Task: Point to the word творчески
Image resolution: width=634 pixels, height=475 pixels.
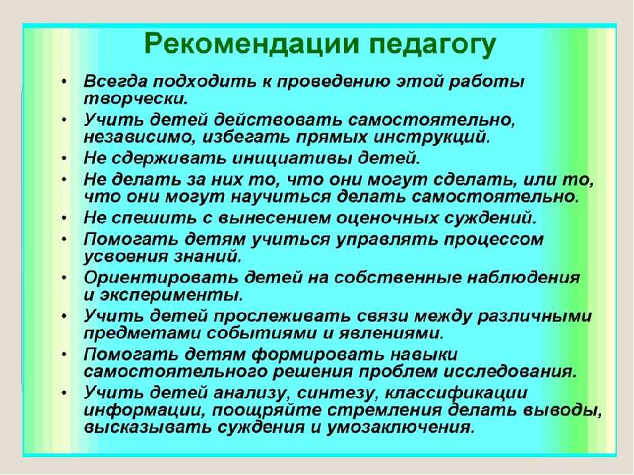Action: [x=136, y=98]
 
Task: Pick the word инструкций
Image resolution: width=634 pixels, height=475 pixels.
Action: [x=432, y=138]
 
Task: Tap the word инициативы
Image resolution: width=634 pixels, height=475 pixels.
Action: [x=293, y=158]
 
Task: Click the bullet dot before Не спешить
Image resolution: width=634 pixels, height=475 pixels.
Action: [x=64, y=218]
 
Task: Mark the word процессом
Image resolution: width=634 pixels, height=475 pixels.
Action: [x=493, y=240]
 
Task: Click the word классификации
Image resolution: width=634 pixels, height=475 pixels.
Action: [x=456, y=393]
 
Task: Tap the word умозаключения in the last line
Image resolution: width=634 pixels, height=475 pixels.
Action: [x=400, y=427]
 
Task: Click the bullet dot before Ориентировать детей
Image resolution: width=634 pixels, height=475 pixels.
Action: [x=64, y=278]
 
